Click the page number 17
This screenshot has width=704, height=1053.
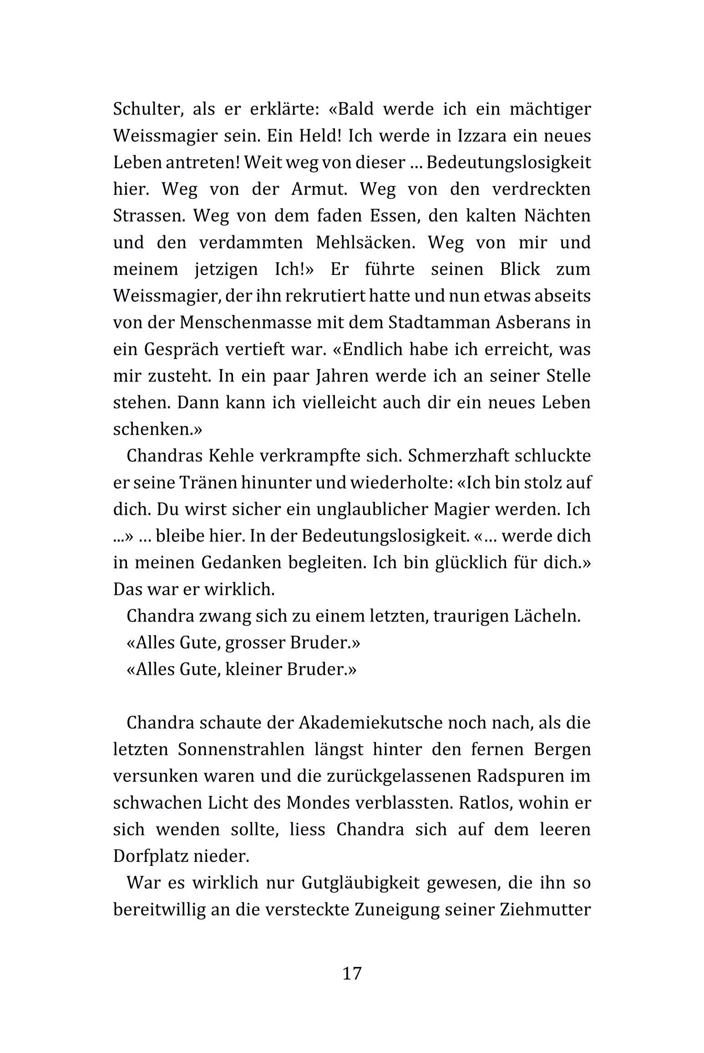[x=352, y=973]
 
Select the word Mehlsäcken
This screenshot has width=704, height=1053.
[x=366, y=243]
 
